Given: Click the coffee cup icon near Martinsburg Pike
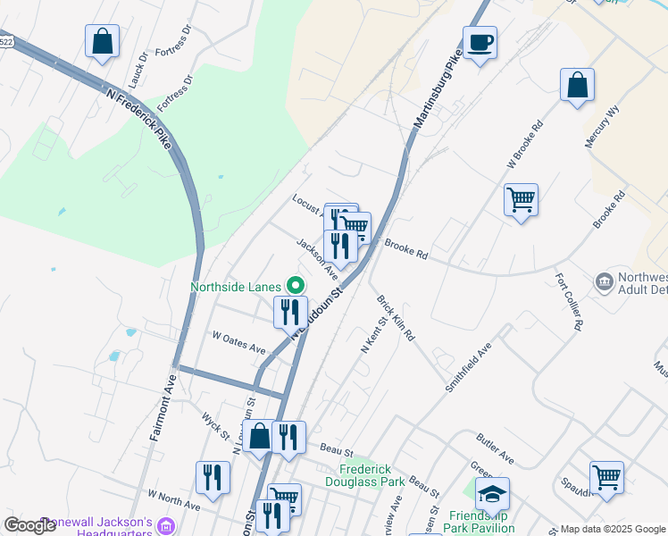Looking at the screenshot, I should click(480, 42).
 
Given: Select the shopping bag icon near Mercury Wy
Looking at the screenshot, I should click(578, 85).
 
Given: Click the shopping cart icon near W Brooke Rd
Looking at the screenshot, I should click(521, 198).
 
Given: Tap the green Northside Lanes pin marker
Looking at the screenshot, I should click(296, 287).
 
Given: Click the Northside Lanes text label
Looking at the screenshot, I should click(237, 287).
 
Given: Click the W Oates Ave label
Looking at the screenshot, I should click(238, 342).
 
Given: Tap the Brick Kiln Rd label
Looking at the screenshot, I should click(396, 319).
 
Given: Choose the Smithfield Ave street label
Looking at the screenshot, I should click(469, 369).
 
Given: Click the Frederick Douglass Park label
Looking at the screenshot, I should click(372, 475).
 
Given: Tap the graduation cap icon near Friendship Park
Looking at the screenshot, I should click(491, 492).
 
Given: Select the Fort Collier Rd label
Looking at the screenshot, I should click(568, 302).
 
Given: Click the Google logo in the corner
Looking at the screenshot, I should click(29, 525).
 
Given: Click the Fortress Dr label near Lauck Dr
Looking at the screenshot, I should click(173, 41).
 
